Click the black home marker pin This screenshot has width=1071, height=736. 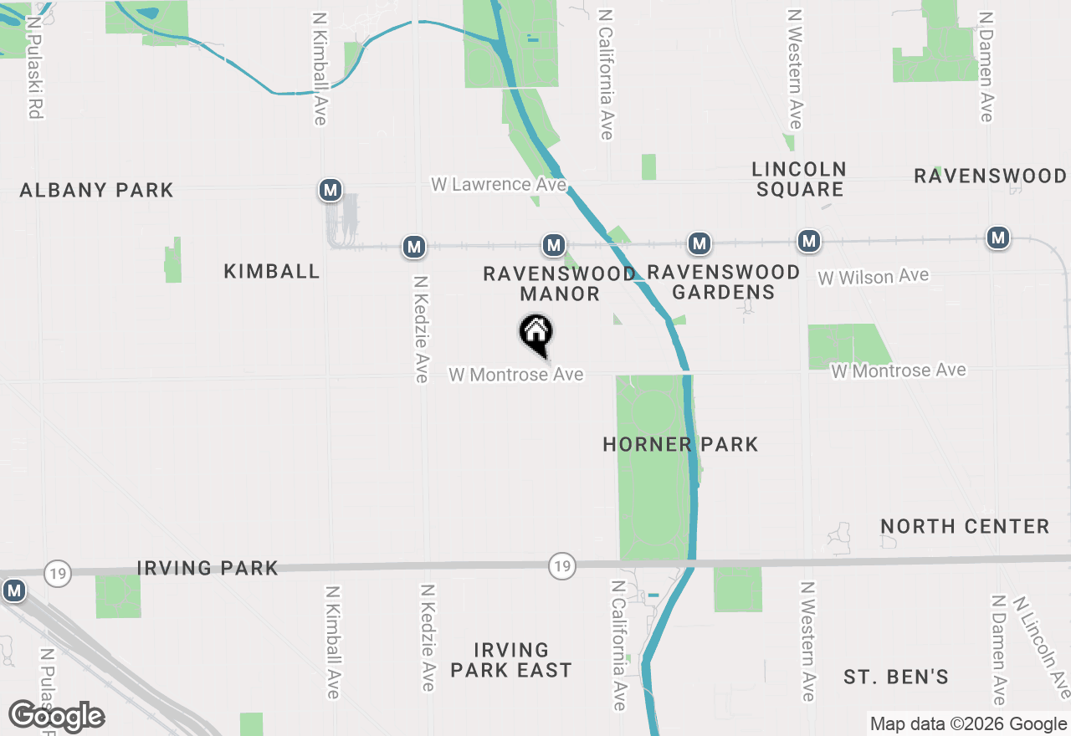[x=536, y=334]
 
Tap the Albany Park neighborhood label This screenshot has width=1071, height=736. [x=97, y=191]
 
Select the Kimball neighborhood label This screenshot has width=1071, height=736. [x=272, y=271]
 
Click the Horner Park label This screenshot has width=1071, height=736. [x=680, y=444]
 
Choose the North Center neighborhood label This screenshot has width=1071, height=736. [x=965, y=527]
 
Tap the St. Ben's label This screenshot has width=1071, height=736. [x=895, y=677]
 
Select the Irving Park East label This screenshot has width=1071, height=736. [x=510, y=660]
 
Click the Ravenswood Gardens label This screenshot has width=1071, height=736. [x=724, y=282]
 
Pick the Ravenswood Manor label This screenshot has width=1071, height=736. [x=559, y=284]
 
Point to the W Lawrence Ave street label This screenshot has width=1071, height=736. [x=499, y=184]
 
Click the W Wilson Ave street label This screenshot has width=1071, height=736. [x=873, y=277]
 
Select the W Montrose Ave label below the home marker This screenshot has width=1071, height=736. [x=515, y=375]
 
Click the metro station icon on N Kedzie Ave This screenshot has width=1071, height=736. [x=413, y=247]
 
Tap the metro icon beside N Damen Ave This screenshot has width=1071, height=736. [x=997, y=238]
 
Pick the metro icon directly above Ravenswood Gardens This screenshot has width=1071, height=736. [x=699, y=244]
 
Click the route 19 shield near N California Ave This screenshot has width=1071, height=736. [x=562, y=566]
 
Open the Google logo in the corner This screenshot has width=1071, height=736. [x=56, y=716]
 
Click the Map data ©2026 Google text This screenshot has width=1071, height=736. [x=967, y=724]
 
